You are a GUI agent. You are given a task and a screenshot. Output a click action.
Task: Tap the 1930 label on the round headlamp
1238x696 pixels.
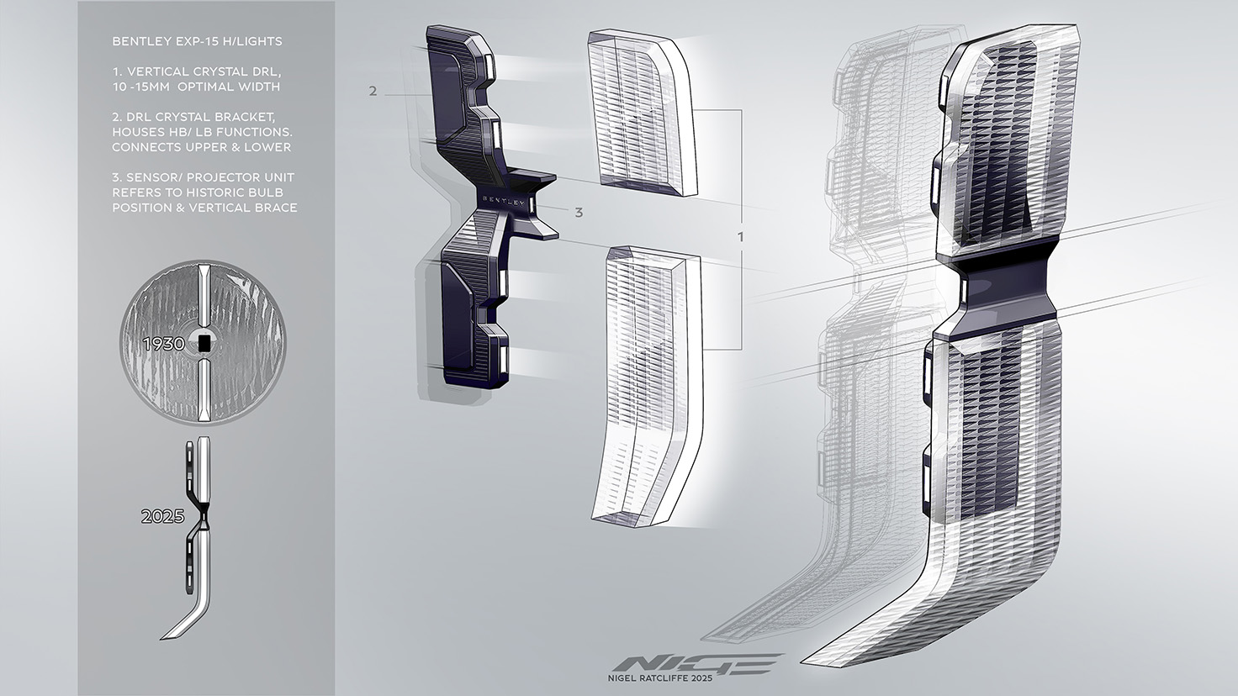163,344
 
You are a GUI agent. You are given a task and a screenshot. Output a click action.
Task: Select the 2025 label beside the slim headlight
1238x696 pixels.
162,516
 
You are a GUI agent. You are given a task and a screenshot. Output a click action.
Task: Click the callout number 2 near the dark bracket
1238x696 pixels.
373,91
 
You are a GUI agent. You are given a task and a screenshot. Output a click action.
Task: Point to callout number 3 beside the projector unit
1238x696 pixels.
579,213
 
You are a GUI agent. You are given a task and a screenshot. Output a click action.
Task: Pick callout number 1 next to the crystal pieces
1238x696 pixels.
741,237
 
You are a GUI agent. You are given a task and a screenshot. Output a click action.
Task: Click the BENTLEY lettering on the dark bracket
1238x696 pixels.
505,201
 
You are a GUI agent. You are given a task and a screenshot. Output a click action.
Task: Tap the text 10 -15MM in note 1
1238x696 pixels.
138,87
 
